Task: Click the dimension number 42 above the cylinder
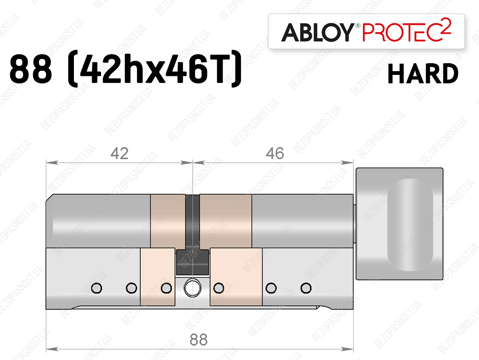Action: click(119, 154)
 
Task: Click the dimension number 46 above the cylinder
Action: click(275, 154)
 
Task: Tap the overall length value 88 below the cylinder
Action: click(198, 339)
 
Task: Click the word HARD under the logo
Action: click(423, 74)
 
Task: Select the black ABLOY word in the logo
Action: click(318, 32)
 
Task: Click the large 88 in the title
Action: click(30, 69)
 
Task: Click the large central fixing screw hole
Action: click(192, 288)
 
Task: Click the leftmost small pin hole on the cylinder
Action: click(96, 288)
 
